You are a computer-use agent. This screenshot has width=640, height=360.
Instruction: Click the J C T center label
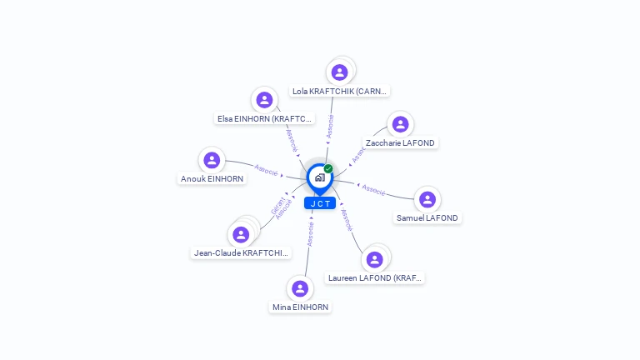click(320, 203)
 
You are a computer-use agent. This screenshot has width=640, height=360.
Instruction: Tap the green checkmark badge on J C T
click(328, 169)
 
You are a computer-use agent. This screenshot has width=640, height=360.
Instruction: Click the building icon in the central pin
click(319, 177)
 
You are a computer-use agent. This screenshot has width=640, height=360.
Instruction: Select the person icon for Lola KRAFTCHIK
click(339, 72)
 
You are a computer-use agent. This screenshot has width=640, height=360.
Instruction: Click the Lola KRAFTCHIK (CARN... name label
click(340, 91)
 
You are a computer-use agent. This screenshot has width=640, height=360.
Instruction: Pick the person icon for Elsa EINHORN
click(264, 100)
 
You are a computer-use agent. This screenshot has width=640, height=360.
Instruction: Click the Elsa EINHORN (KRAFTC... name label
click(265, 119)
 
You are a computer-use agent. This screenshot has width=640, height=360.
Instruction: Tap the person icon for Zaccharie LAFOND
click(401, 124)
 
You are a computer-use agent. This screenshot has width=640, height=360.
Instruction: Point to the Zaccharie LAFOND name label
click(400, 143)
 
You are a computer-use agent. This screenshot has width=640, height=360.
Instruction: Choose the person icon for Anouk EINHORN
click(212, 160)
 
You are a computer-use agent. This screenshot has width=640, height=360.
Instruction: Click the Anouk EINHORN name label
click(212, 179)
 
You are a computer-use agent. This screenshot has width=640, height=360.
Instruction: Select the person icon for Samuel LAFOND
click(427, 199)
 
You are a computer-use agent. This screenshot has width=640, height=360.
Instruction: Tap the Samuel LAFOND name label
click(427, 218)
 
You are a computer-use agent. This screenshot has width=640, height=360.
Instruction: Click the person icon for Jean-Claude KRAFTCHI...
click(241, 234)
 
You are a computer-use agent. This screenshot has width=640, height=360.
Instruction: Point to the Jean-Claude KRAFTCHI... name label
click(241, 253)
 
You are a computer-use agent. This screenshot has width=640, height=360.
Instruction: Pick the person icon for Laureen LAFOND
click(375, 259)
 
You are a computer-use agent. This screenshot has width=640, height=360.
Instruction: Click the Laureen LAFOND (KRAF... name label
click(375, 278)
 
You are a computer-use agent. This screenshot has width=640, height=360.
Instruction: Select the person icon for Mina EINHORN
click(300, 288)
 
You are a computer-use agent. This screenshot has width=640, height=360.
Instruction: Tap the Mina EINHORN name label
click(301, 307)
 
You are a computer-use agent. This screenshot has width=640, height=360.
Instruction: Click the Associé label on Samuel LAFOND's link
click(373, 189)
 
